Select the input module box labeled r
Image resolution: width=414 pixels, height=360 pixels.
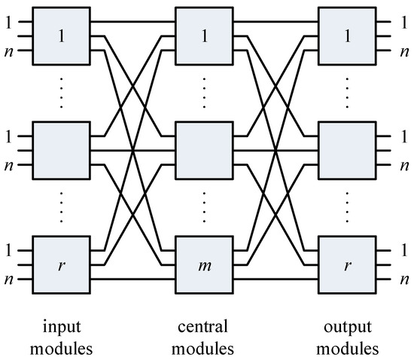62,266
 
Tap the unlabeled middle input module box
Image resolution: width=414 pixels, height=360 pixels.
62,150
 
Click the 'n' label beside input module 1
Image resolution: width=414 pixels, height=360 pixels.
9,51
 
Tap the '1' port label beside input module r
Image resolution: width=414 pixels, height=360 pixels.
9,249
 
